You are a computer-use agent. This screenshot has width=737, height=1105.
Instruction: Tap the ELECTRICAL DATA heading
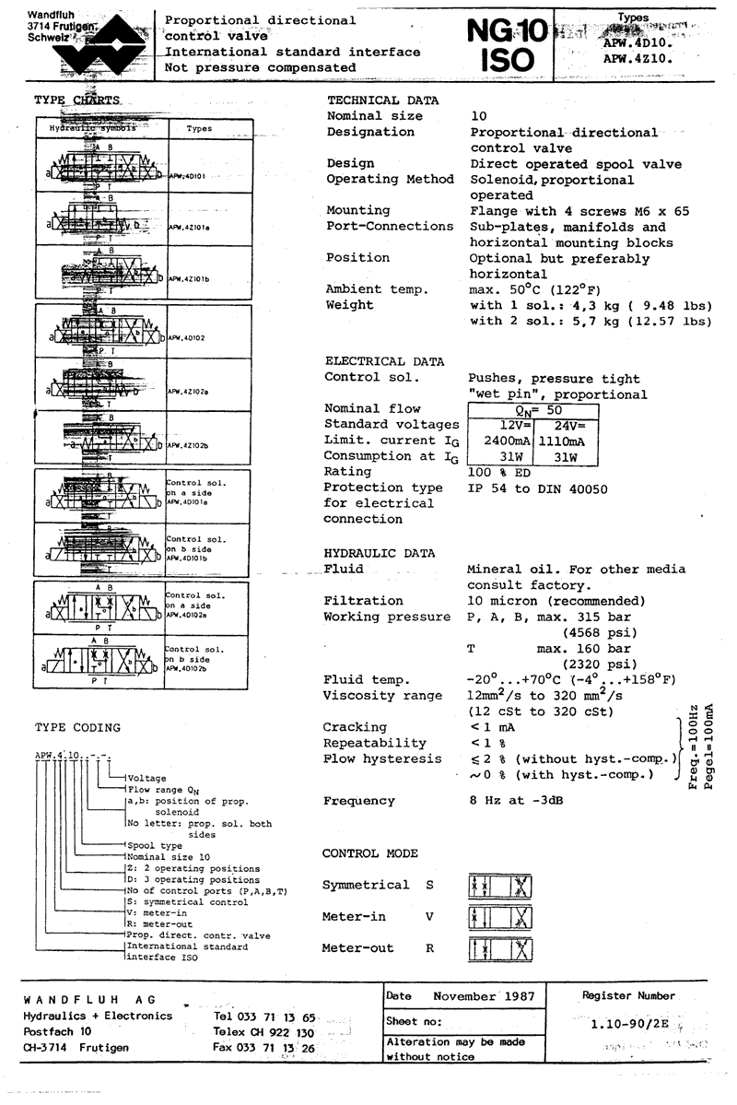point(384,361)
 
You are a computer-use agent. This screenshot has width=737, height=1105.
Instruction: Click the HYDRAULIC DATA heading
point(380,552)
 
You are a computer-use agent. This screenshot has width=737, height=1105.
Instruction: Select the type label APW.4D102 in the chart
point(187,338)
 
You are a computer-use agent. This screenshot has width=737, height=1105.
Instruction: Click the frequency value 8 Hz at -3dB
point(517,801)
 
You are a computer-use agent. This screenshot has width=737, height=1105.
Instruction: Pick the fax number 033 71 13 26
point(263,1048)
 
